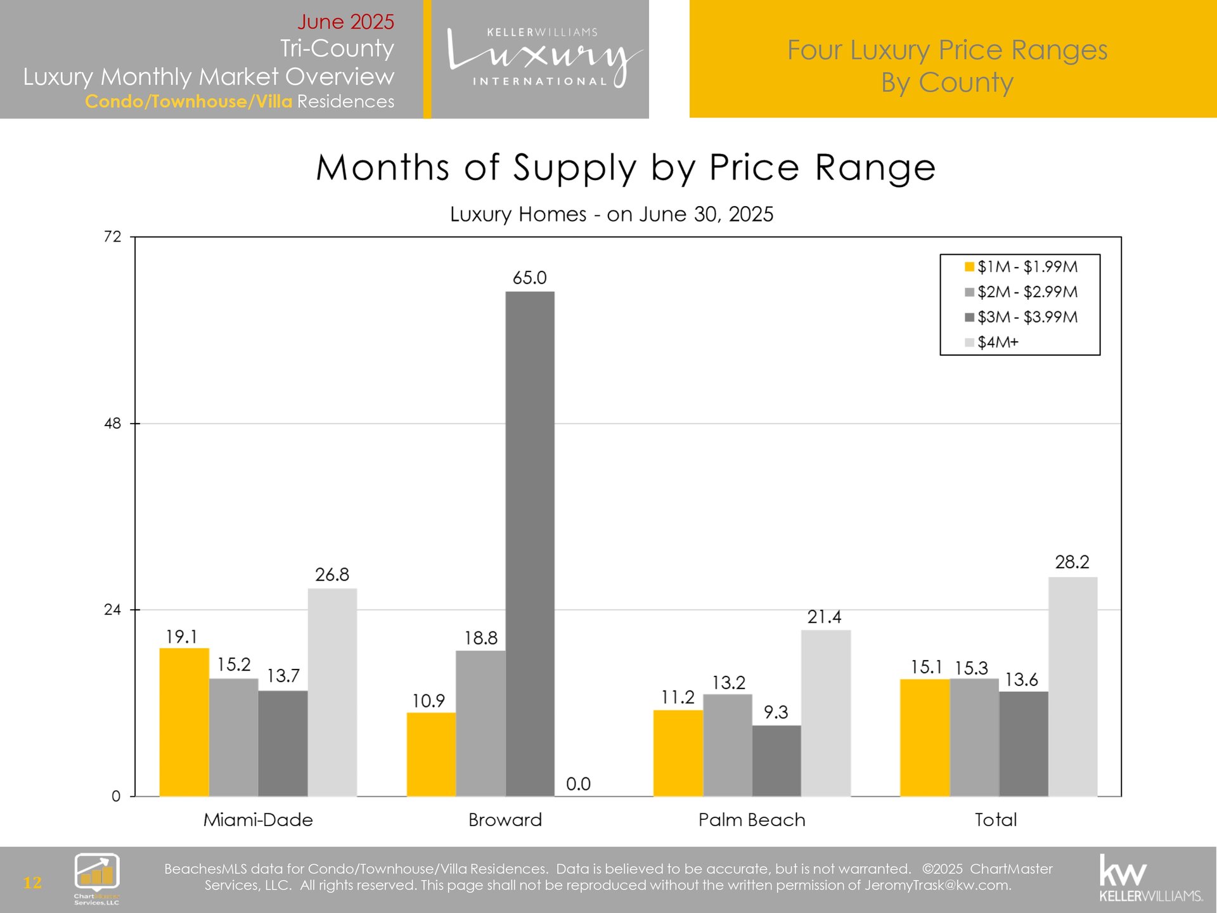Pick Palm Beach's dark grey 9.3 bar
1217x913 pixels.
click(x=776, y=760)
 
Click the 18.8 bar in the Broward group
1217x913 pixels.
click(x=480, y=723)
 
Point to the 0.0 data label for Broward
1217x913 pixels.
click(x=578, y=784)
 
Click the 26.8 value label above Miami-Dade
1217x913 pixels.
click(x=332, y=574)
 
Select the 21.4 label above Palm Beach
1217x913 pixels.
click(x=824, y=617)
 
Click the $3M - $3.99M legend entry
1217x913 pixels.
click(x=1027, y=317)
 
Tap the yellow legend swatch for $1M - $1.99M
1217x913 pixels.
click(x=969, y=267)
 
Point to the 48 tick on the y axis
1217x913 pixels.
click(x=112, y=424)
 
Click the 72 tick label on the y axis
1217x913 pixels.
click(x=112, y=236)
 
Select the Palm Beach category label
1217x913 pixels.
click(x=752, y=820)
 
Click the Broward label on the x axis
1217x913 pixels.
click(x=505, y=820)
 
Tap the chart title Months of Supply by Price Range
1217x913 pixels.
click(x=626, y=168)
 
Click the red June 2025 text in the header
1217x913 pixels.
click(x=345, y=22)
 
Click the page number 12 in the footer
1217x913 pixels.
click(x=32, y=882)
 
